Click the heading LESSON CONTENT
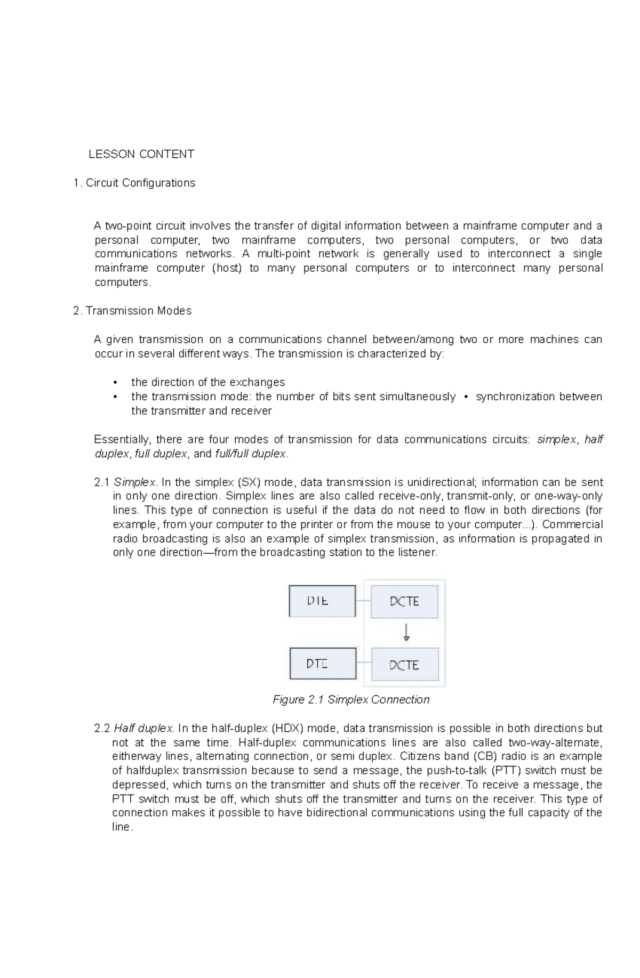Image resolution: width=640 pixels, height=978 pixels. [x=141, y=155]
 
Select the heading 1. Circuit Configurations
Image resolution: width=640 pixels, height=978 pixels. [x=134, y=183]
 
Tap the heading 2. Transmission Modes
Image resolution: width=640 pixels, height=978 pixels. [x=132, y=311]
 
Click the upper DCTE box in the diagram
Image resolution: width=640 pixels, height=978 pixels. [x=404, y=601]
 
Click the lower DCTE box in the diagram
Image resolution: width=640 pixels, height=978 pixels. [x=404, y=665]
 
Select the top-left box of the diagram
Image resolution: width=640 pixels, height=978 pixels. [x=322, y=601]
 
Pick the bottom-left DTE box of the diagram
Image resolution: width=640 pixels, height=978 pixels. [x=323, y=664]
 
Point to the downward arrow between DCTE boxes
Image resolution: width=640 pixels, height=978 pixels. [x=406, y=632]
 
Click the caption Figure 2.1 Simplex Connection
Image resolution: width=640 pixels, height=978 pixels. [x=351, y=700]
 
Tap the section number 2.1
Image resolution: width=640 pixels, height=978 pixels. [x=102, y=482]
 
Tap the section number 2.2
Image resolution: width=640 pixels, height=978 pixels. [x=102, y=729]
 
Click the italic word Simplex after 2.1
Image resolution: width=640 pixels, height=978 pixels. [x=134, y=482]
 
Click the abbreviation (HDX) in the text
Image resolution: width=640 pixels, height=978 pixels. [x=288, y=729]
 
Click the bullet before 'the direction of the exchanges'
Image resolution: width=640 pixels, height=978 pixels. [x=115, y=383]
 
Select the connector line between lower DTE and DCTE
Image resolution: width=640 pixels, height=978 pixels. [x=364, y=664]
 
